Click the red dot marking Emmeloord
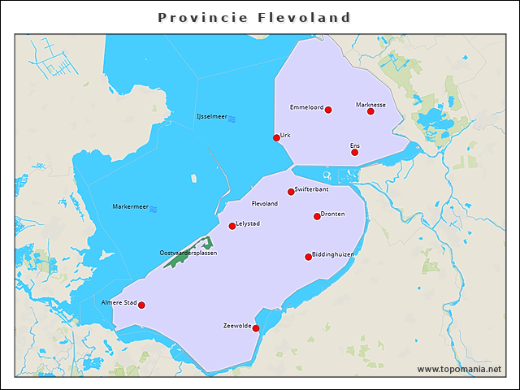coord(328,110)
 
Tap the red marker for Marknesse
coord(370,111)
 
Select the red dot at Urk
coord(276,137)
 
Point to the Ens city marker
coord(354,152)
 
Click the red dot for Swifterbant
coord(291,192)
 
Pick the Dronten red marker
coord(317,216)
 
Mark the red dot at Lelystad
coord(232,226)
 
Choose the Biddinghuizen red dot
coord(308,257)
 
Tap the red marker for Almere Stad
coord(141,305)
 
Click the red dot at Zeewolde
coord(255,328)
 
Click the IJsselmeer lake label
coord(211,117)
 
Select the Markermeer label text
coord(129,207)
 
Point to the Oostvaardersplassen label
coord(188,253)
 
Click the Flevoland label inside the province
coord(265,204)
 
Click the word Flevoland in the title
coord(304,17)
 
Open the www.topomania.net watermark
coord(459,369)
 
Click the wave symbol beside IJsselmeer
coord(232,118)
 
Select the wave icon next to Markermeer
coord(153,208)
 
